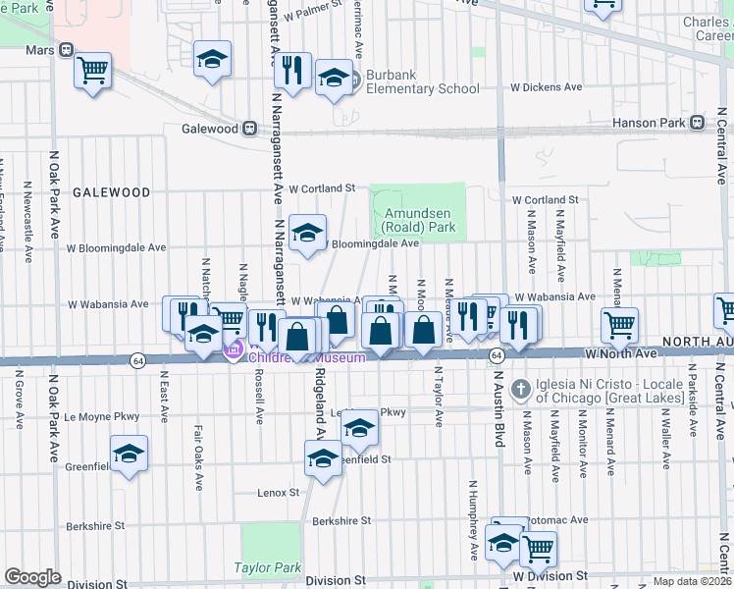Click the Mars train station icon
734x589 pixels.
click(67, 50)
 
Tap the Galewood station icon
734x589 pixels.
click(250, 129)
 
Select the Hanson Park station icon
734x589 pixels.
click(697, 123)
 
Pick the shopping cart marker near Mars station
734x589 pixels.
click(92, 70)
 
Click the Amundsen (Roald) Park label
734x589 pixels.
click(418, 220)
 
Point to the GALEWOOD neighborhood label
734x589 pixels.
click(110, 193)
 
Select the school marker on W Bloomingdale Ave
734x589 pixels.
click(307, 233)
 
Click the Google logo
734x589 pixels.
click(32, 577)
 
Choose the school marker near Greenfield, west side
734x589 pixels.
click(129, 454)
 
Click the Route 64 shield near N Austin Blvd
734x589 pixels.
click(498, 354)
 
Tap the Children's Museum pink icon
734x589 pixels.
click(234, 350)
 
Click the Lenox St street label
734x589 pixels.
click(278, 492)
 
